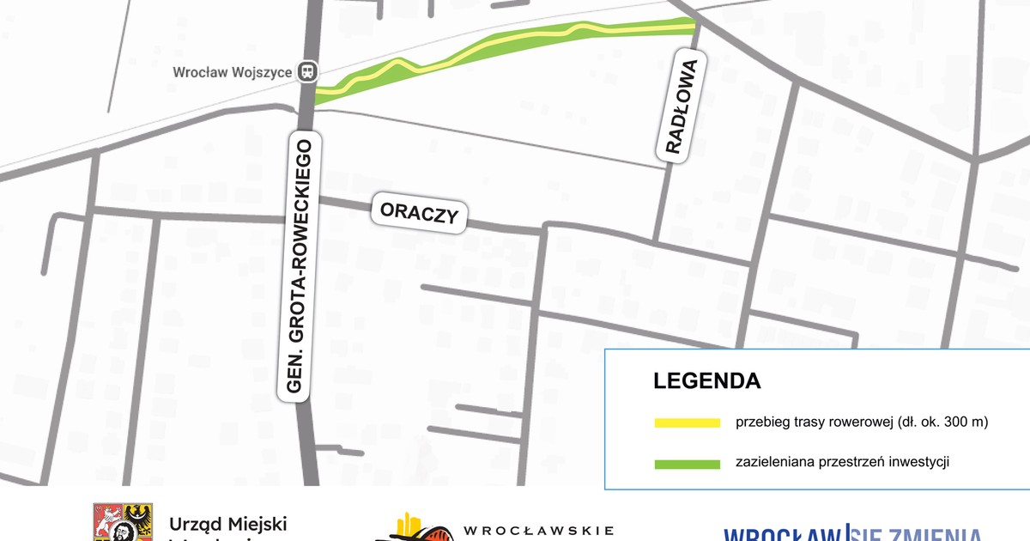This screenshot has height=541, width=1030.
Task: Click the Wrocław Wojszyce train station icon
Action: (x=307, y=73)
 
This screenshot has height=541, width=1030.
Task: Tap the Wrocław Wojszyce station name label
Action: (x=232, y=73)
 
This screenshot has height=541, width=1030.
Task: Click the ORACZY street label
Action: (x=419, y=213)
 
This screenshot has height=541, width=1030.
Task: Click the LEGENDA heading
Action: (x=706, y=380)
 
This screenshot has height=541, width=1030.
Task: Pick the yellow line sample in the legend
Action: (x=687, y=422)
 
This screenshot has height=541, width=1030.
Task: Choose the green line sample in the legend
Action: (x=687, y=464)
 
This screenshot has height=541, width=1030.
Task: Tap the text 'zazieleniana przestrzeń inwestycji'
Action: (x=842, y=463)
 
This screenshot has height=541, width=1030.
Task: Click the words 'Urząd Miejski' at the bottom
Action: (x=227, y=524)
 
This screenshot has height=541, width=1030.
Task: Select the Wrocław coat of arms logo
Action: (x=123, y=523)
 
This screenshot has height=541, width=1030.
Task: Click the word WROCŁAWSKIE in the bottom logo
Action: (x=538, y=531)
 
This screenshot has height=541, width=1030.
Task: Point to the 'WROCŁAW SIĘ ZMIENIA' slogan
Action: (x=851, y=532)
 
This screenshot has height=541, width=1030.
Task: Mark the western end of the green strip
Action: (x=318, y=95)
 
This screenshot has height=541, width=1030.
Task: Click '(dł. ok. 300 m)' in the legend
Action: (x=943, y=422)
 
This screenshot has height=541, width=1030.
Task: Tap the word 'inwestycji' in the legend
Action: (x=920, y=463)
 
